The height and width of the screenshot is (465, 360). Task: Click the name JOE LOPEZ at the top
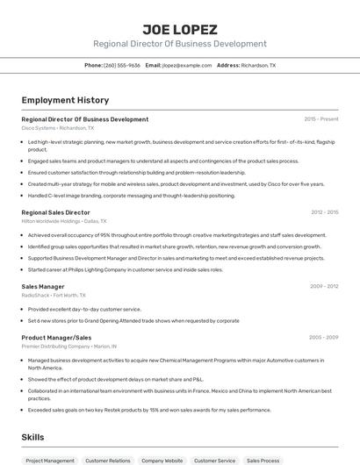pos(179,29)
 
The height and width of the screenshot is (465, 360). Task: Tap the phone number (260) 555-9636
pos(122,65)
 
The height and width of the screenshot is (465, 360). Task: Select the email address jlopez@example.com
pos(187,65)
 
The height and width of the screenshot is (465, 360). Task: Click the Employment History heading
pos(65,100)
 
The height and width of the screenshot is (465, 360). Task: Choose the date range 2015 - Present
pos(320,119)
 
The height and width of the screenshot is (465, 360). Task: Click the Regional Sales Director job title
pos(55,212)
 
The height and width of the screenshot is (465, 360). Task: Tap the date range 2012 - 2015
pos(324,212)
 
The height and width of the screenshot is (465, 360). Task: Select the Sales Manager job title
pos(43,286)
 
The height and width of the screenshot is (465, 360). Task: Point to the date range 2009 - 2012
pos(324,286)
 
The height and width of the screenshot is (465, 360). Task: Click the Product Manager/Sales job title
pos(56,337)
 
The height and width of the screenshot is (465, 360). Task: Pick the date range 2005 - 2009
pos(324,337)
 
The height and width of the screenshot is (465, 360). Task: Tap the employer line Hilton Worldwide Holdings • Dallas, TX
pos(64,221)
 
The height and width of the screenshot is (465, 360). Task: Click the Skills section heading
pos(33,436)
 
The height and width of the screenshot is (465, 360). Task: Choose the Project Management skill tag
pos(50,460)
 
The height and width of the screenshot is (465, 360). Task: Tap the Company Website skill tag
pos(162,460)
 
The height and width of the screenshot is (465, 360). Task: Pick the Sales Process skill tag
pos(263,460)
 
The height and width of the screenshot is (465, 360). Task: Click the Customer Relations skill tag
pos(108,460)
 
